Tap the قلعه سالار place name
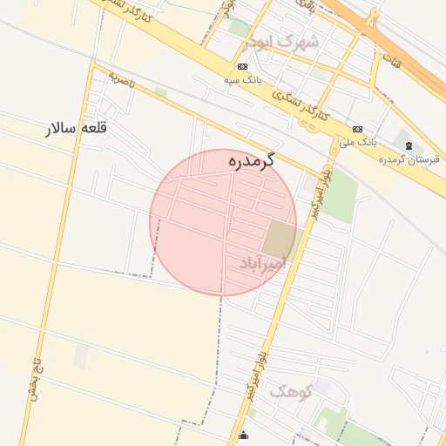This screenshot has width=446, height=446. pyautogui.click(x=77, y=128)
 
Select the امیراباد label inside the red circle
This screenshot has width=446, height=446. pyautogui.click(x=262, y=263)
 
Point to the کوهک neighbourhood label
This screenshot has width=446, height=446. pyautogui.click(x=290, y=391)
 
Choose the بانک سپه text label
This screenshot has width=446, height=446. pyautogui.click(x=242, y=79)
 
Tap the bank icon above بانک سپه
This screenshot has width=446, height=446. pyautogui.click(x=241, y=67)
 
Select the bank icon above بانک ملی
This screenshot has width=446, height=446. pyautogui.click(x=357, y=128)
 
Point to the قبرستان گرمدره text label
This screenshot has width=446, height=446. pyautogui.click(x=409, y=159)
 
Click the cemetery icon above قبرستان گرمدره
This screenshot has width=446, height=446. pyautogui.click(x=409, y=145)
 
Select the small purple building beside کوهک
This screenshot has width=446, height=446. pyautogui.click(x=321, y=385)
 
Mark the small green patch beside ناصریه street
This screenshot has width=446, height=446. pyautogui.click(x=160, y=91)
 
